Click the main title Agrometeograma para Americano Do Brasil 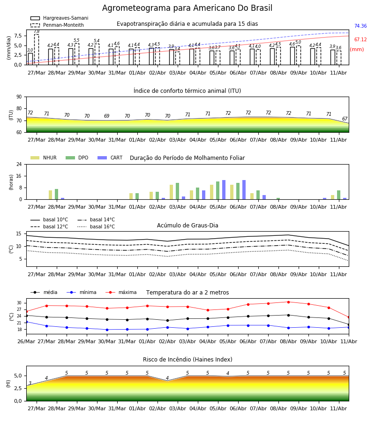[x=187, y=8]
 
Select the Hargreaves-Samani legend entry [x=60, y=18]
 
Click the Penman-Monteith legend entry [x=57, y=25]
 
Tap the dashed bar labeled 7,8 [x=37, y=50]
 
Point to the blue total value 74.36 [x=360, y=26]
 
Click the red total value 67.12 [x=360, y=39]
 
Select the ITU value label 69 [x=107, y=116]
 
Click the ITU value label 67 [x=345, y=119]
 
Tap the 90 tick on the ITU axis [x=19, y=97]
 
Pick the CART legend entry [x=110, y=158]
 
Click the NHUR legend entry [x=44, y=158]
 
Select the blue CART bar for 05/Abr [x=224, y=190]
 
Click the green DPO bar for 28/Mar [x=57, y=194]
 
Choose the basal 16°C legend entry [x=96, y=226]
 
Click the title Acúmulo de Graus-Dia [x=187, y=226]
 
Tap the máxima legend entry [x=121, y=292]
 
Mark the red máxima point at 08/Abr [x=288, y=302]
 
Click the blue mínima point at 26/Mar [x=27, y=322]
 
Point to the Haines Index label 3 [x=30, y=383]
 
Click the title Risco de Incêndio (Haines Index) [x=187, y=360]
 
